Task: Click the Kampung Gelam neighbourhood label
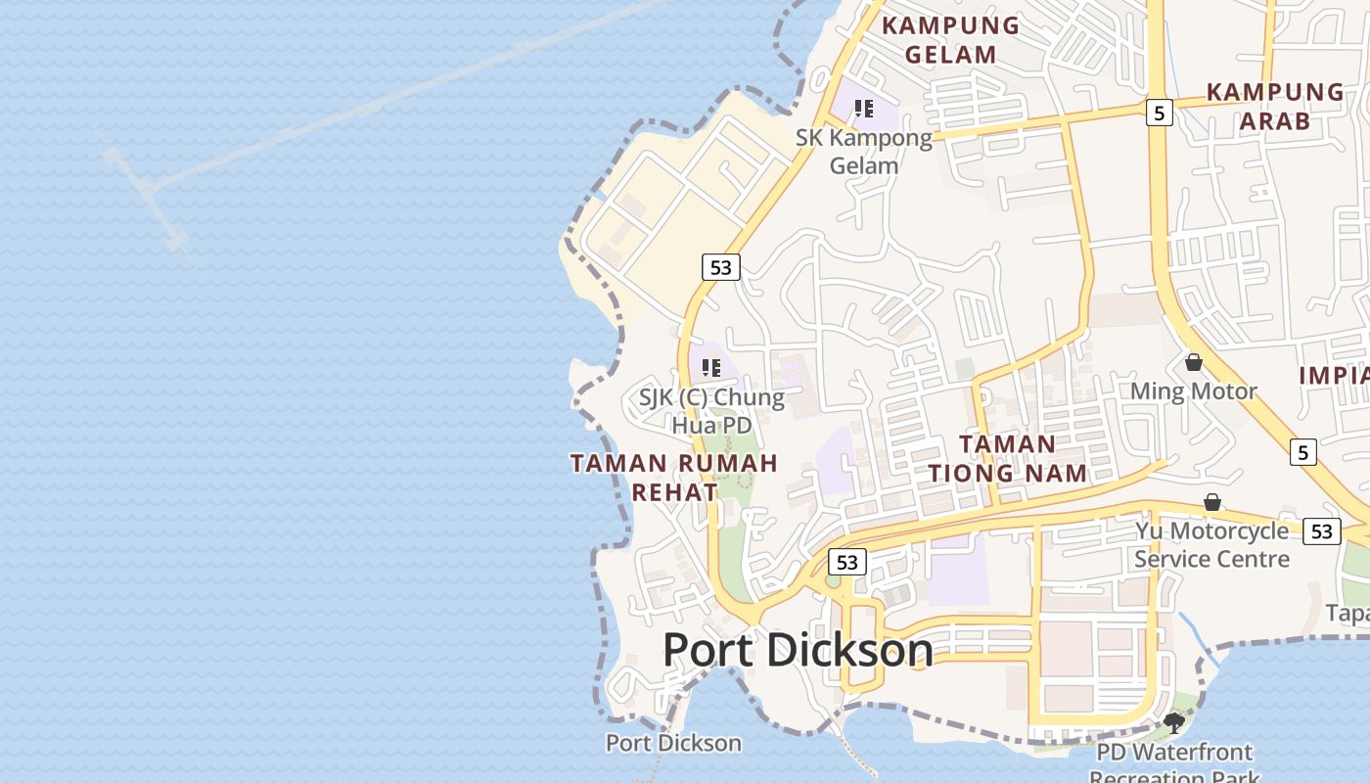click(950, 39)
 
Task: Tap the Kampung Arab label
click(1275, 106)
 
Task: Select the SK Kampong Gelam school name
click(864, 151)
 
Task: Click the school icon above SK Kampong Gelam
click(863, 109)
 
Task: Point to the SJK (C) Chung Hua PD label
click(711, 411)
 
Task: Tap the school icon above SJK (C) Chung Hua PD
click(711, 368)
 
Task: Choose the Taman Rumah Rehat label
click(674, 477)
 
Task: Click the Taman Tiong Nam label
click(1007, 458)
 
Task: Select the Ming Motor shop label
click(1193, 391)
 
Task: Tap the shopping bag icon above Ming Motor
click(1193, 362)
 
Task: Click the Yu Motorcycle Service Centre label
click(1211, 544)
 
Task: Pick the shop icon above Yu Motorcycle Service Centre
click(1211, 502)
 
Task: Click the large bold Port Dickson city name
click(798, 650)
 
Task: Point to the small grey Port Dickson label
click(673, 743)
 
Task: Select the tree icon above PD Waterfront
click(1173, 723)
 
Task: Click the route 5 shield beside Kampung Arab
click(1159, 113)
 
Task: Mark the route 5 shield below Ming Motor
click(1302, 452)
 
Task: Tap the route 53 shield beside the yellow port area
click(720, 266)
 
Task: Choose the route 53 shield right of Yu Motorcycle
click(1322, 530)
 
